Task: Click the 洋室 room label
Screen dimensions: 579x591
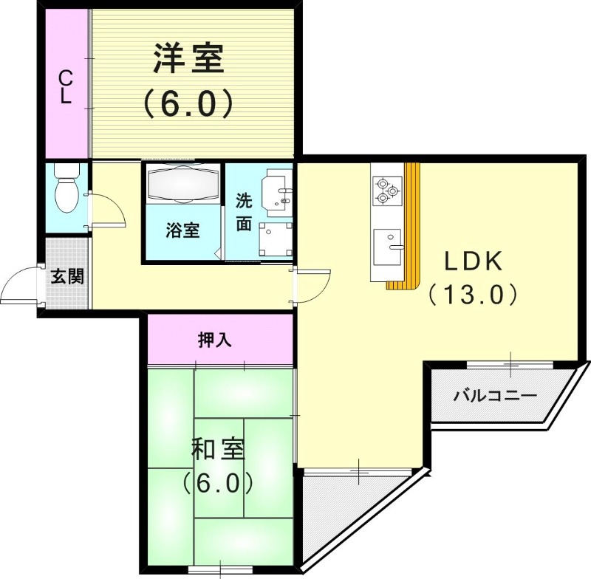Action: pyautogui.click(x=188, y=59)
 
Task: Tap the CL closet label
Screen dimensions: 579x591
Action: pyautogui.click(x=66, y=86)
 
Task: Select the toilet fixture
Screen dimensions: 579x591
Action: pyautogui.click(x=66, y=188)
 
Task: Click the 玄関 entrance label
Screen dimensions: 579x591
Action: pyautogui.click(x=66, y=276)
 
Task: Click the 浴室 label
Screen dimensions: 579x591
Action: pyautogui.click(x=182, y=230)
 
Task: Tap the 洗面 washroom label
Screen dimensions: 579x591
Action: pyautogui.click(x=244, y=212)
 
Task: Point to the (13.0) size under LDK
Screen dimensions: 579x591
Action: pyautogui.click(x=472, y=295)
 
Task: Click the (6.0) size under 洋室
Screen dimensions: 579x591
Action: pyautogui.click(x=188, y=103)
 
